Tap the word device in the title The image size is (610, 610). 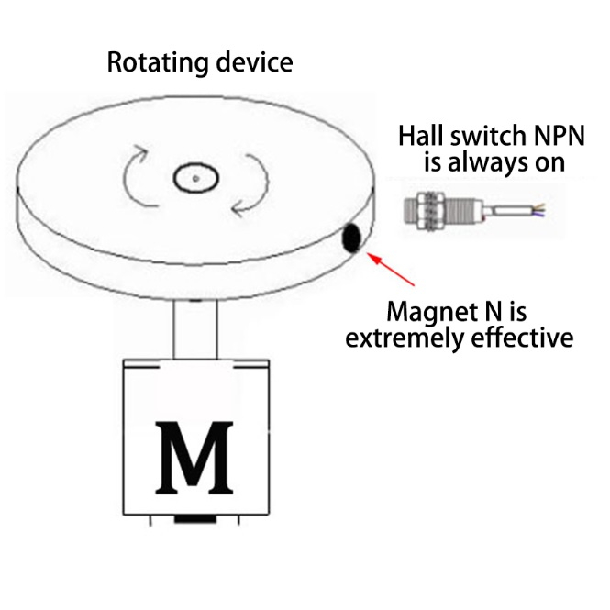coord(256,62)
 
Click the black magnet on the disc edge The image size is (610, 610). coord(351,239)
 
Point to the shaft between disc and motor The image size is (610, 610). coord(195,328)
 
